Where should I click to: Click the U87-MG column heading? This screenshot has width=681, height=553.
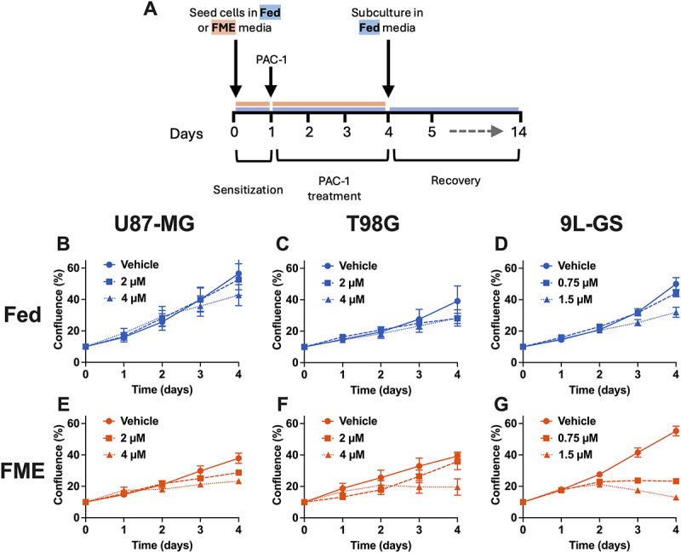[x=154, y=224]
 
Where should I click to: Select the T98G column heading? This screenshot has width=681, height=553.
[x=373, y=224]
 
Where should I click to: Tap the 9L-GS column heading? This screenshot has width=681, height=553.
[x=592, y=224]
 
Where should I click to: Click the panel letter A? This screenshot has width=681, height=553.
[x=151, y=9]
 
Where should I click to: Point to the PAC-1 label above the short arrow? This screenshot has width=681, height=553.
[x=272, y=59]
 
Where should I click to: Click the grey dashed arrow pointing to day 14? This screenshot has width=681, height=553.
[x=476, y=131]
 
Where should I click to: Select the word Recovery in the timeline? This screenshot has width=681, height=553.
[x=455, y=181]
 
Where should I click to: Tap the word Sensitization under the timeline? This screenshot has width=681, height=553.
[x=248, y=190]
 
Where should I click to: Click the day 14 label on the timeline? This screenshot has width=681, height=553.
[x=518, y=131]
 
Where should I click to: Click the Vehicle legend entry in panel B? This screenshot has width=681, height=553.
[x=131, y=265]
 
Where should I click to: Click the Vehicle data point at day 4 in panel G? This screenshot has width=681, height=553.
[x=676, y=431]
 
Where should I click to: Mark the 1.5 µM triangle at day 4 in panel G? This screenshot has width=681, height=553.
[x=676, y=498]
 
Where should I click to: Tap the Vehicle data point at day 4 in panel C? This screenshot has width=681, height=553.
[x=457, y=301]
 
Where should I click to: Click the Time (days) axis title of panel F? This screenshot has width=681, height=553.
[x=381, y=544]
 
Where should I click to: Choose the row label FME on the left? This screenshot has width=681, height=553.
[x=23, y=470]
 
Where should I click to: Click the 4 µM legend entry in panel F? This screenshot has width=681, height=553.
[x=343, y=455]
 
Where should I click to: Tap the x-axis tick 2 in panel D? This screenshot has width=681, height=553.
[x=599, y=374]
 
